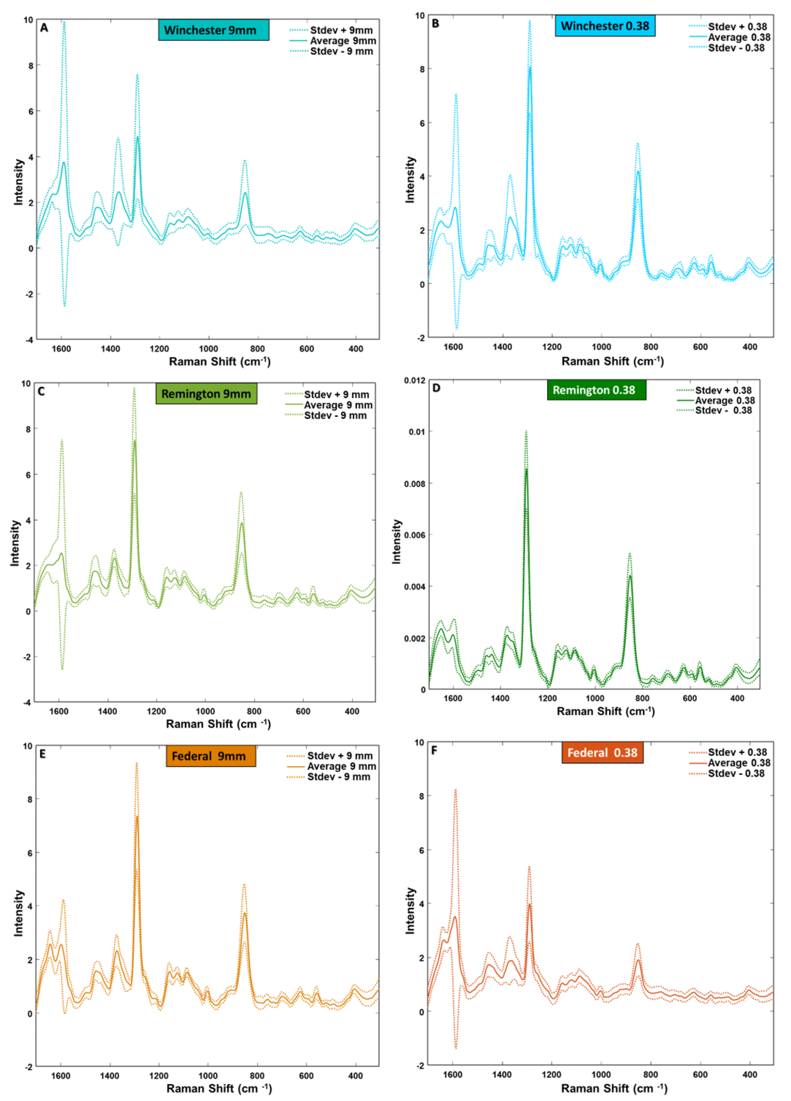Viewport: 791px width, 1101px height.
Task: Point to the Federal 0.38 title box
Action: point(602,753)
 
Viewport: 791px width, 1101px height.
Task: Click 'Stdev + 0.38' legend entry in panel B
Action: point(737,27)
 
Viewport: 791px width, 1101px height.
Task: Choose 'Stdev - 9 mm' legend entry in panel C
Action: point(335,416)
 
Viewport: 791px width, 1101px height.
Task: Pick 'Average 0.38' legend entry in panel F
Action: point(739,763)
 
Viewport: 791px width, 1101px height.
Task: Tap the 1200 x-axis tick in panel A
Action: point(159,349)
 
